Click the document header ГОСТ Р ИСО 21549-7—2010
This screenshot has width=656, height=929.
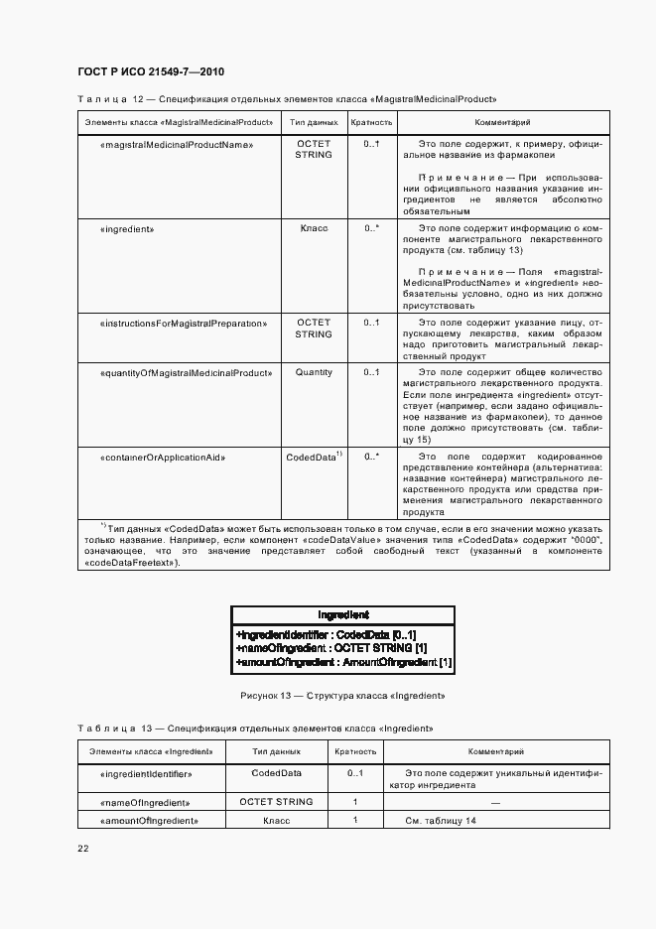[x=150, y=71]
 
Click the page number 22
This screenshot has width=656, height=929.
[x=83, y=849]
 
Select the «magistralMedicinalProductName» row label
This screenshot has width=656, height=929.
[x=178, y=144]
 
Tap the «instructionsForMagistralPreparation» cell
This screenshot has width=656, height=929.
[x=184, y=324]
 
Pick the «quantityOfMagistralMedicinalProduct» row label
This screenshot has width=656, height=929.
[x=187, y=373]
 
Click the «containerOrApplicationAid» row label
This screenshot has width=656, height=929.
[x=164, y=458]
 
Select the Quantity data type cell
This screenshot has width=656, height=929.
[x=314, y=373]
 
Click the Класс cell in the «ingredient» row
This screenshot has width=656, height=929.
[x=314, y=228]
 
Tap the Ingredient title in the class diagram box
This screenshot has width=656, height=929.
[x=343, y=615]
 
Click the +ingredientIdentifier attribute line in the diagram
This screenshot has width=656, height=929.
[x=327, y=634]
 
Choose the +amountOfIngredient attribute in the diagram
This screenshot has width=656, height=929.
[x=343, y=662]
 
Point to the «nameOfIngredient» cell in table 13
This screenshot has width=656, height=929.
[x=147, y=802]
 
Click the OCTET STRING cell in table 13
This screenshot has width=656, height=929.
[x=276, y=802]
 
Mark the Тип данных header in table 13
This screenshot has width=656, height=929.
[x=276, y=752]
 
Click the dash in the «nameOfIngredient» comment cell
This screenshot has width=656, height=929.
[x=495, y=802]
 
